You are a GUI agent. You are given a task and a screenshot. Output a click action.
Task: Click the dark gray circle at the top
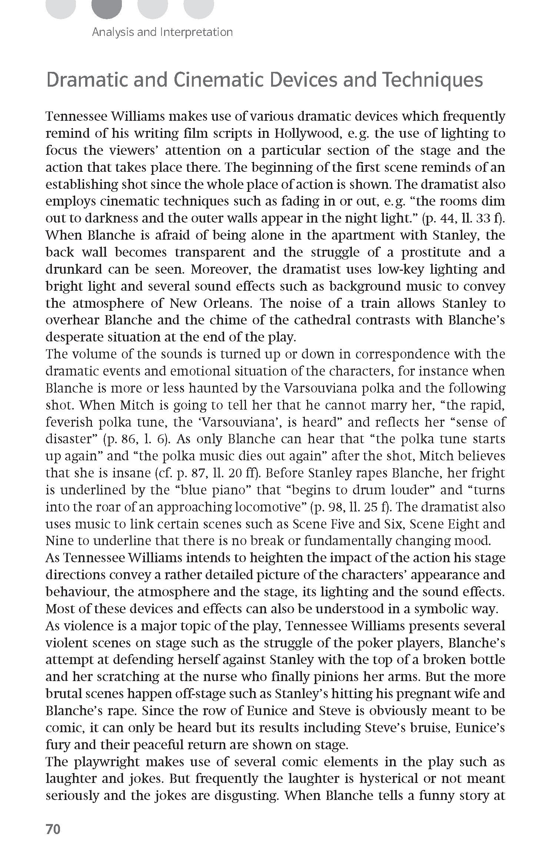tap(107, 8)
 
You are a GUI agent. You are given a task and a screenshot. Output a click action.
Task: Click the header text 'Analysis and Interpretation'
tap(162, 32)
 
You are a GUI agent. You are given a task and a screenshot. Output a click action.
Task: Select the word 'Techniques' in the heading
tap(433, 80)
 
